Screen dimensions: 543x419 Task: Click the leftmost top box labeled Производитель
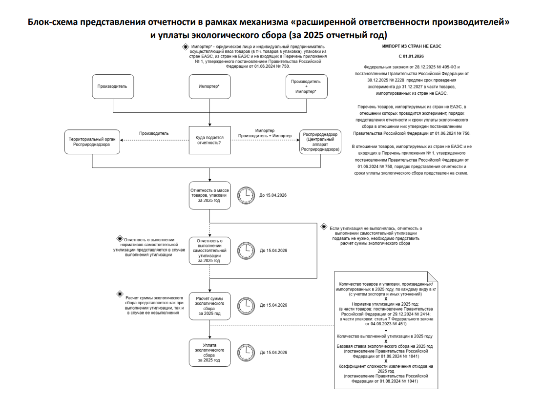pyautogui.click(x=113, y=86)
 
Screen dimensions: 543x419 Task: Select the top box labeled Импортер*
pyautogui.click(x=210, y=86)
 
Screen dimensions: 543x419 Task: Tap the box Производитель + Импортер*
pyautogui.click(x=307, y=86)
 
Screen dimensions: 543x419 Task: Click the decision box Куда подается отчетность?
pyautogui.click(x=210, y=140)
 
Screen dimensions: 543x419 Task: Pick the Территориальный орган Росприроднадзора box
pyautogui.click(x=92, y=142)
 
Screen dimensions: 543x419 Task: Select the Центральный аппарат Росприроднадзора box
pyautogui.click(x=320, y=142)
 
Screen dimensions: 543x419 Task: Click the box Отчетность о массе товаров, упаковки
pyautogui.click(x=210, y=195)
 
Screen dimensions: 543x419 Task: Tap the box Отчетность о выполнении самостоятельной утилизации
pyautogui.click(x=210, y=251)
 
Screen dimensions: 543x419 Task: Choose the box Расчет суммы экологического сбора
pyautogui.click(x=210, y=306)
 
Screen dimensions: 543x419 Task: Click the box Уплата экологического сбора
pyautogui.click(x=210, y=353)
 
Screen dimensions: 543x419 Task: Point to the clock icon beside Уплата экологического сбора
pyautogui.click(x=246, y=353)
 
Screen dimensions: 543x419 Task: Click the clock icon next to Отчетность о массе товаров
pyautogui.click(x=246, y=195)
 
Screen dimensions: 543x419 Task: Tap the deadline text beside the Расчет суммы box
pyautogui.click(x=273, y=305)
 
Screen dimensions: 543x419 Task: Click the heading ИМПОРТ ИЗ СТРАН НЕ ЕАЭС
pyautogui.click(x=412, y=46)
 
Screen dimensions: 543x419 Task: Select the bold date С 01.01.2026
pyautogui.click(x=412, y=57)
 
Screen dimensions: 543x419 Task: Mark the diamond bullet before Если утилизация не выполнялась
pyautogui.click(x=324, y=227)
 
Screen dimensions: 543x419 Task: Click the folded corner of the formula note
pyautogui.click(x=433, y=277)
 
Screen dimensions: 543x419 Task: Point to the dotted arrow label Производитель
pyautogui.click(x=154, y=133)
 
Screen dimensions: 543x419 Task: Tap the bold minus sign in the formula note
pyautogui.click(x=386, y=331)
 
